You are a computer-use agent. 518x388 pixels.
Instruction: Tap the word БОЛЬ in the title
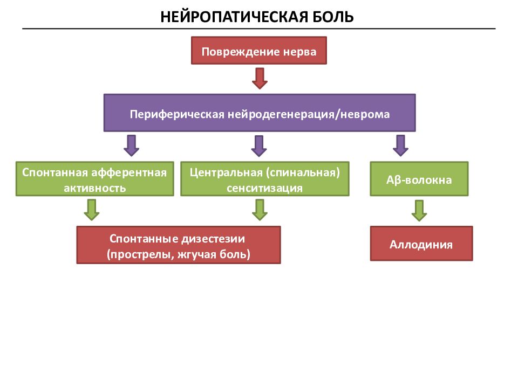333,17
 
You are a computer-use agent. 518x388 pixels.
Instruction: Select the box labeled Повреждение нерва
259,51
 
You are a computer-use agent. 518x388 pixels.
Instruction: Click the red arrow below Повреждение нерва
260,79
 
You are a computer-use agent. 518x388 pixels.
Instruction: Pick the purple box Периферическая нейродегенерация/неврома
260,113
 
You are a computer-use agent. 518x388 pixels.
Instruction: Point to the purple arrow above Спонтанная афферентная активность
132,145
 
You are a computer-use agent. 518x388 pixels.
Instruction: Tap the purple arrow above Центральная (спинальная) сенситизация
259,146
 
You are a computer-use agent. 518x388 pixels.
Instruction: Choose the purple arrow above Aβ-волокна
401,145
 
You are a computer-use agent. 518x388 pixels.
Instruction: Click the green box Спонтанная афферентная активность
95,179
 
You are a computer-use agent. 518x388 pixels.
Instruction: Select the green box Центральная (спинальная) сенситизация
264,179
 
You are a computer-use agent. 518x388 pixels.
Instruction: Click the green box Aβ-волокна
419,179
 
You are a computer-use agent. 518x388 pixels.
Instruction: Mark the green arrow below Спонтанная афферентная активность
92,210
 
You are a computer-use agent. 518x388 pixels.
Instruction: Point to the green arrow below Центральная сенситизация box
260,210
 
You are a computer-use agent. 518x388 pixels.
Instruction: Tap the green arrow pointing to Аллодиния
419,211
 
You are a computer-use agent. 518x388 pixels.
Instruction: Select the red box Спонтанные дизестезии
179,245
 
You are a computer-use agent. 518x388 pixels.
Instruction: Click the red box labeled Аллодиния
421,244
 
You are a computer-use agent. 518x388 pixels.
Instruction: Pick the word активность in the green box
95,188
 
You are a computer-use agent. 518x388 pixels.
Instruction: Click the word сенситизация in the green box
264,188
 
